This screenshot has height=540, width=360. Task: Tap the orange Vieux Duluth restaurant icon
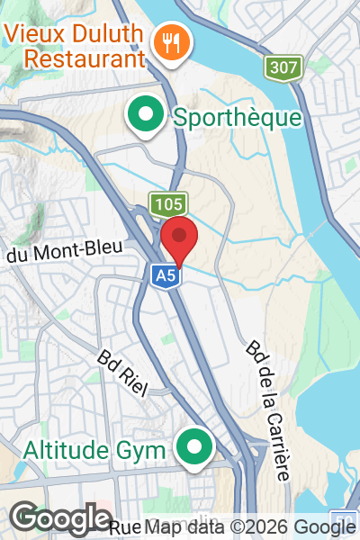coord(168,40)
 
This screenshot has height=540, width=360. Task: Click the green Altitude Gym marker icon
coord(193,447)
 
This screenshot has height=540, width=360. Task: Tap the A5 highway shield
coord(166,276)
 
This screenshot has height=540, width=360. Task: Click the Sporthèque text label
coord(237,117)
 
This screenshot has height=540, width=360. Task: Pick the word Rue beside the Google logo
coord(123,526)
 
